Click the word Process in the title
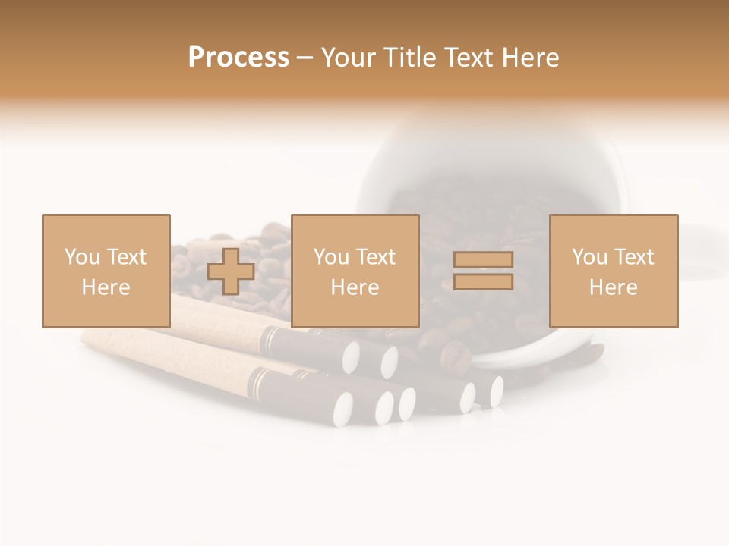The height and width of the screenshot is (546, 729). pos(238,58)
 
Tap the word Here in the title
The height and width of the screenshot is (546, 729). pos(530,58)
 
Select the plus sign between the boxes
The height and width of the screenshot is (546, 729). pos(231,271)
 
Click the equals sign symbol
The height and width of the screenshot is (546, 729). pos(483,271)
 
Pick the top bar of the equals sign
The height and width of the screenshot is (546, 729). pos(483,260)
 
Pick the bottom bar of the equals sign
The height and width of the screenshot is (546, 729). pos(483,281)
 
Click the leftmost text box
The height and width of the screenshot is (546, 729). pos(106,271)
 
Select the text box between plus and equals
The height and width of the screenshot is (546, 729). pos(355,271)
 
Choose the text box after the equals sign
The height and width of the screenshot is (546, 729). pos(613,271)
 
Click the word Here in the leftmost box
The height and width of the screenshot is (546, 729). pos(106,287)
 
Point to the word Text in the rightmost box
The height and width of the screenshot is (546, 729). pos(633,257)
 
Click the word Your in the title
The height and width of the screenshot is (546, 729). pos(349,58)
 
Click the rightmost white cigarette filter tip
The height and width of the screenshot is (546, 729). pos(497,391)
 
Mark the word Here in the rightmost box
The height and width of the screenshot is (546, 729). pos(613,287)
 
